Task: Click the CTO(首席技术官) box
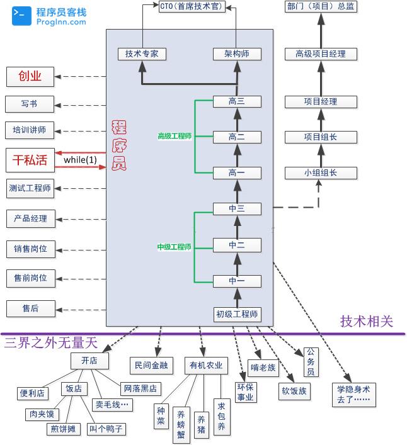(192, 6)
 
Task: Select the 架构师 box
(237, 54)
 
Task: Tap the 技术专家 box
(142, 54)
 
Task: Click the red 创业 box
(30, 77)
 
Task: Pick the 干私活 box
(30, 160)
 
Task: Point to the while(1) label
(81, 160)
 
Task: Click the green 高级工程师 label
(175, 136)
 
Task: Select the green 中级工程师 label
(175, 247)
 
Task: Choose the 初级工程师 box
(237, 314)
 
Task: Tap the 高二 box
(237, 137)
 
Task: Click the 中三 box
(237, 208)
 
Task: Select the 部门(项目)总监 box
(321, 6)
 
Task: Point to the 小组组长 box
(321, 173)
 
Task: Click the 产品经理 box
(31, 219)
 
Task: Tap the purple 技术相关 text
(367, 322)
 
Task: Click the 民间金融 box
(151, 365)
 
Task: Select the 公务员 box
(311, 362)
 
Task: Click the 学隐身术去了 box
(354, 395)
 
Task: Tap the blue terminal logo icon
(21, 16)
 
